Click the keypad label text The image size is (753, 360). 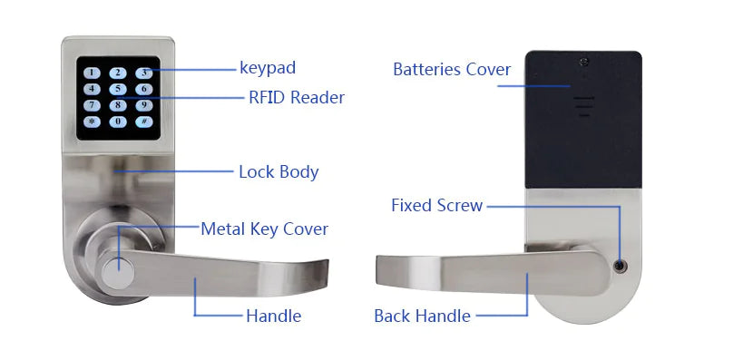coord(268,67)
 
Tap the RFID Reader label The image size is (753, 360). coord(296,97)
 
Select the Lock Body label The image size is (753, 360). coord(279,171)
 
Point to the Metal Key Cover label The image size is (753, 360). coord(264,229)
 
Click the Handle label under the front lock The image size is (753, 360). coord(273,316)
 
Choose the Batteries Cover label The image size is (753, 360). coord(452,70)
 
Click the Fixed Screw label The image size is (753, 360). coord(436,205)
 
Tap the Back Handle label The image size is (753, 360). coord(422,316)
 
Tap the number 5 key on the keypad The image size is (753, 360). coord(118,89)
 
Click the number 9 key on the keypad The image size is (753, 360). coord(143,105)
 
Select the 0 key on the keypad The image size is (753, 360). coord(118,122)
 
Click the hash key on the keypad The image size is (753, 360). coord(143,122)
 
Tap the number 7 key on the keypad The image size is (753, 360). coord(93,105)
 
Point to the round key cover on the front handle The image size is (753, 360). coord(115,273)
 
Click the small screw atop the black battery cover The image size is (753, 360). coord(584,61)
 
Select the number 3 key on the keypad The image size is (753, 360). coord(143,73)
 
